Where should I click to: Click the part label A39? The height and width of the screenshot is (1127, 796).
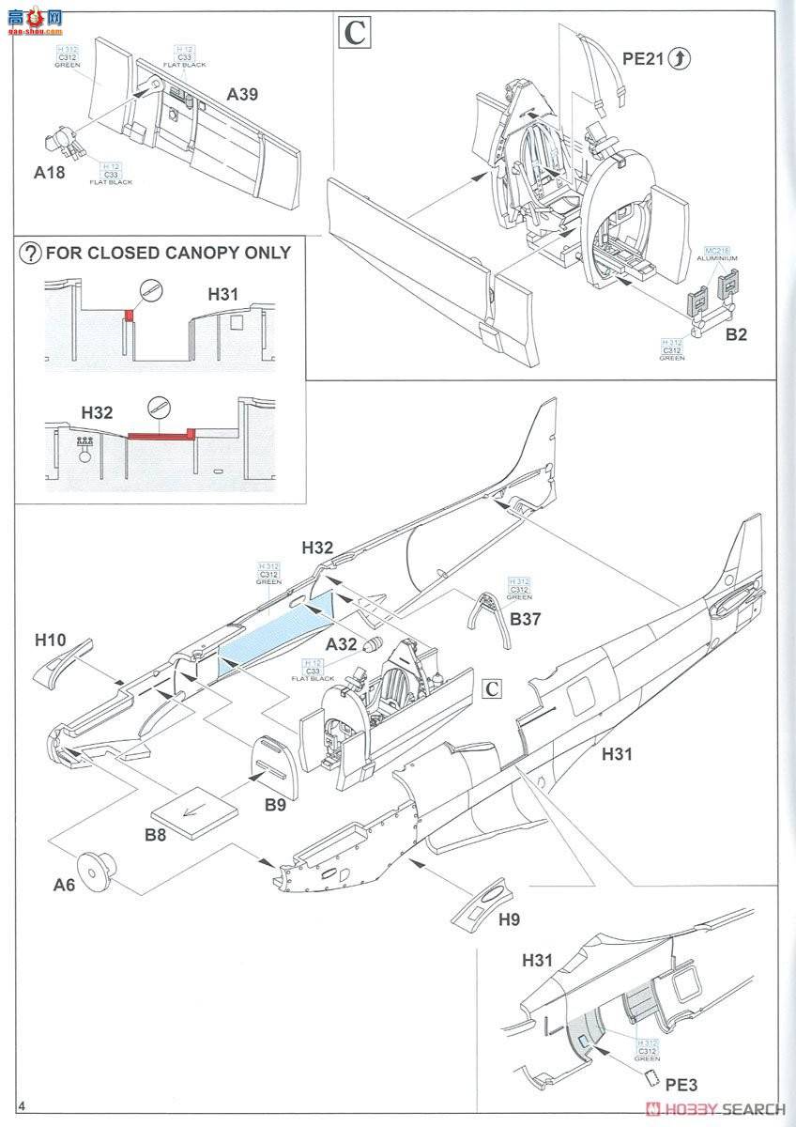tap(242, 94)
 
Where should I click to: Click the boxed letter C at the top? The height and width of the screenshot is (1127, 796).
tap(354, 34)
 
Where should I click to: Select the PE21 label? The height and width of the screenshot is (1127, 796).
tap(643, 60)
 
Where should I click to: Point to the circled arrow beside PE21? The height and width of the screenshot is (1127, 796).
tap(680, 60)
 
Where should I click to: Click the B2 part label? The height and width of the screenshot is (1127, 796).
tap(737, 333)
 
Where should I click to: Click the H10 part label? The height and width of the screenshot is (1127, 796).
tap(50, 641)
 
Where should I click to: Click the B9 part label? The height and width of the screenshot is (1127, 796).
tap(274, 804)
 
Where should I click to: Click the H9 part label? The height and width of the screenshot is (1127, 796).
tap(509, 920)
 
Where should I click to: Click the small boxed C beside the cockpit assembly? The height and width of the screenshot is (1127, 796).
tap(491, 687)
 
